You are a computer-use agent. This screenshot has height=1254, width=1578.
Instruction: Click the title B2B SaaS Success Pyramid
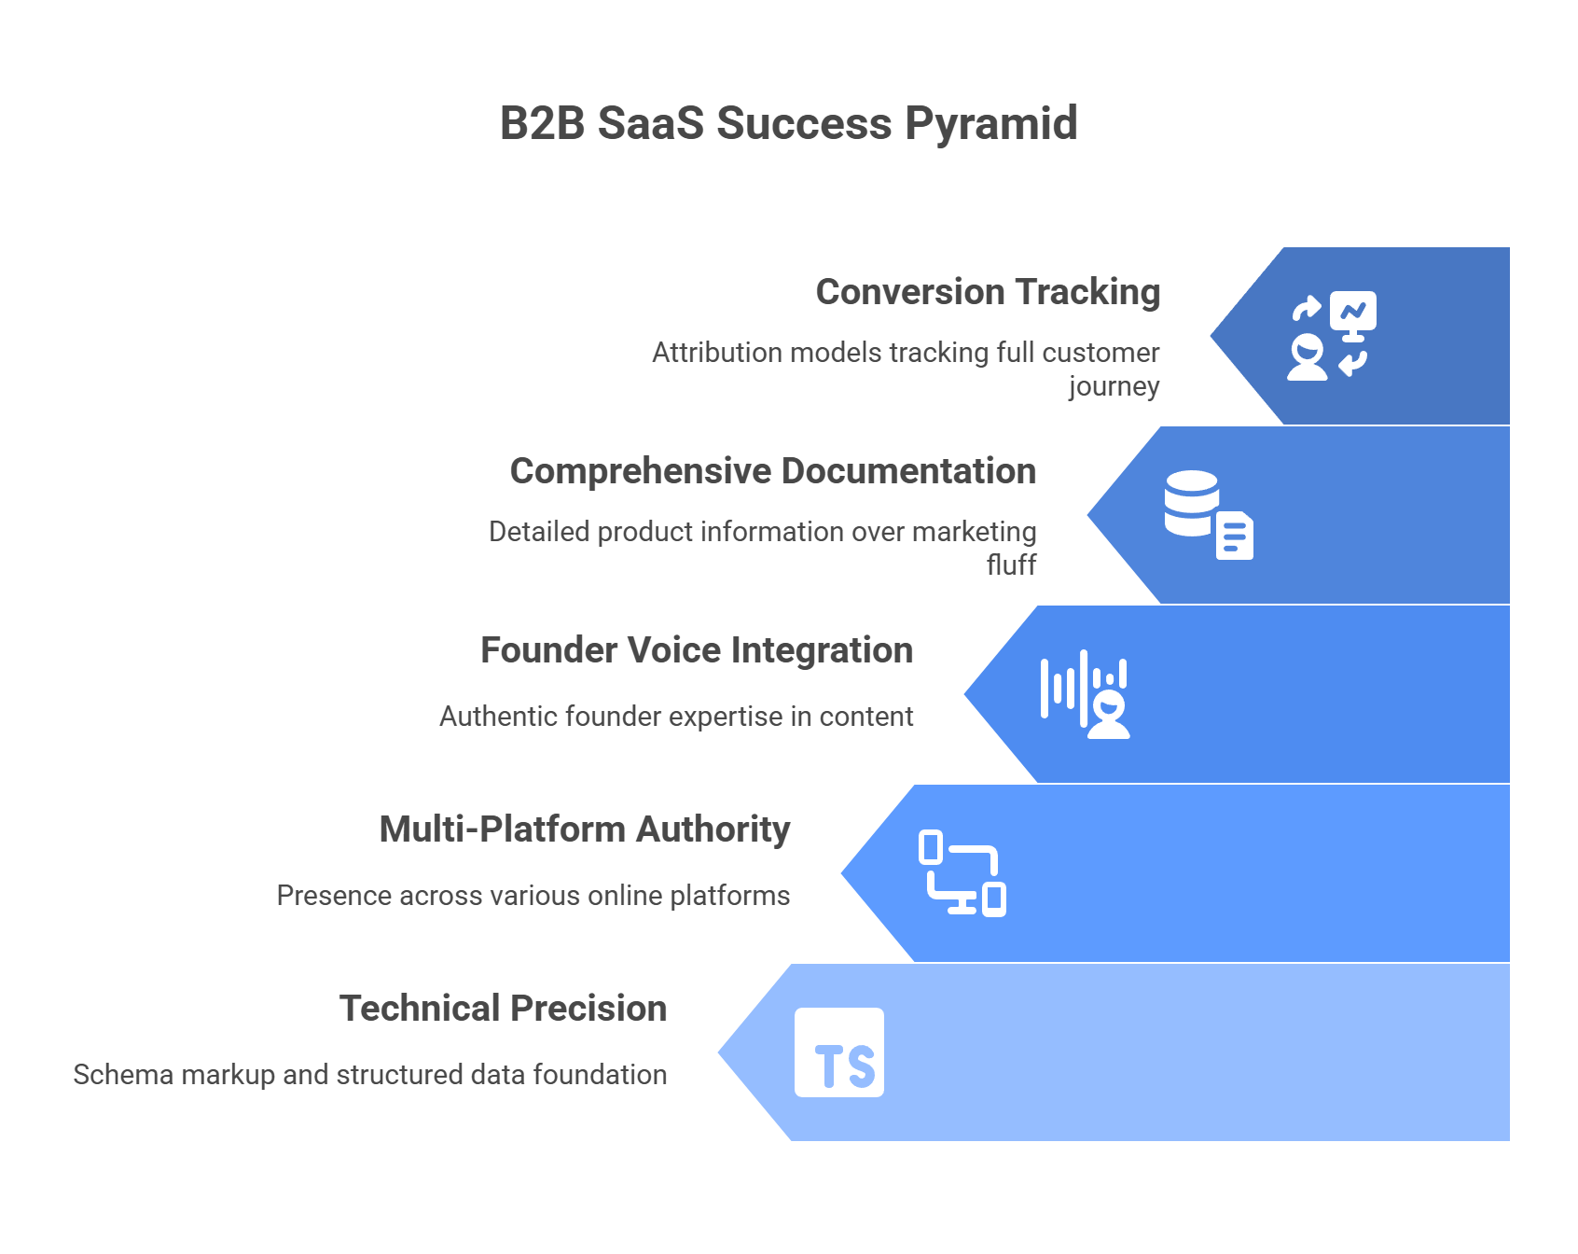click(x=788, y=123)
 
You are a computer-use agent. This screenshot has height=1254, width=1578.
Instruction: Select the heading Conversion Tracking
click(x=988, y=292)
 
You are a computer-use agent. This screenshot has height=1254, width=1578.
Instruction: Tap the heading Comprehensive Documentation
click(x=772, y=471)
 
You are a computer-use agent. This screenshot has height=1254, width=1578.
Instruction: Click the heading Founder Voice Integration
click(x=696, y=650)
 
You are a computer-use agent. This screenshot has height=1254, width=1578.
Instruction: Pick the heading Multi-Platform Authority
click(x=584, y=829)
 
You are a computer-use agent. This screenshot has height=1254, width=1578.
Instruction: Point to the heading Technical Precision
click(x=503, y=1009)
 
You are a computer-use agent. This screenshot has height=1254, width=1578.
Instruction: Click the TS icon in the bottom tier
click(x=839, y=1052)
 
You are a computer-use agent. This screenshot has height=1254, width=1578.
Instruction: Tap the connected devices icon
click(x=962, y=873)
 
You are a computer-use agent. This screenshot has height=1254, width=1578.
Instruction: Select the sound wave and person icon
click(x=1085, y=694)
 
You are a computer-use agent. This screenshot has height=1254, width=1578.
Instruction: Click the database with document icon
click(x=1208, y=515)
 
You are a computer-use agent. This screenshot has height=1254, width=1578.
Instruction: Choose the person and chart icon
click(x=1331, y=336)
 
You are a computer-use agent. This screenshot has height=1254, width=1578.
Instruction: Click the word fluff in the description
click(x=1011, y=564)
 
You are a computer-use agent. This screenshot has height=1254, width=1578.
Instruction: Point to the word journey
click(x=1114, y=386)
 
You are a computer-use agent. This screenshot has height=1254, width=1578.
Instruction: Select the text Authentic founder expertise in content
click(x=676, y=717)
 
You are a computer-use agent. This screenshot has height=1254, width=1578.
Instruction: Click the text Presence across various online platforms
click(x=533, y=896)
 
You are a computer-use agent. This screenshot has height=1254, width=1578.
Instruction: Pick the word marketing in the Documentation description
click(x=974, y=532)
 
